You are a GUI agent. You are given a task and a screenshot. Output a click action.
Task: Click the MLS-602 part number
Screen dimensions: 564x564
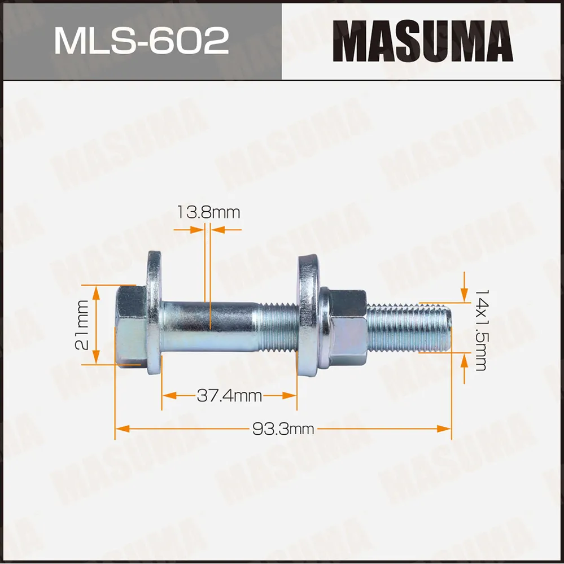click(x=141, y=40)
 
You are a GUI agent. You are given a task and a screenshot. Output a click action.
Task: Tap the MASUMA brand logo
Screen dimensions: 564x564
click(x=422, y=40)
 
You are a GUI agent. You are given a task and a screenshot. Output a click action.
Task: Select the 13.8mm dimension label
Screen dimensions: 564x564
click(x=208, y=213)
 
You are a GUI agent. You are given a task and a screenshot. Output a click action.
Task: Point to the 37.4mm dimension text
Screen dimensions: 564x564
click(x=229, y=396)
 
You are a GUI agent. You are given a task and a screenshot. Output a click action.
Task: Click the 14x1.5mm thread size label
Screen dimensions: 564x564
click(x=480, y=330)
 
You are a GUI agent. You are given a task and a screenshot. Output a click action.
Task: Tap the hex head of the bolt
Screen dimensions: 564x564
click(x=132, y=326)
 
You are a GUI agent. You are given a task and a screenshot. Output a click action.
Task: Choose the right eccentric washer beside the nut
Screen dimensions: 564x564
click(x=308, y=313)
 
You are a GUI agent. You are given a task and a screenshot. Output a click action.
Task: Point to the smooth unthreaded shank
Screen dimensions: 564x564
click(x=209, y=326)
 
